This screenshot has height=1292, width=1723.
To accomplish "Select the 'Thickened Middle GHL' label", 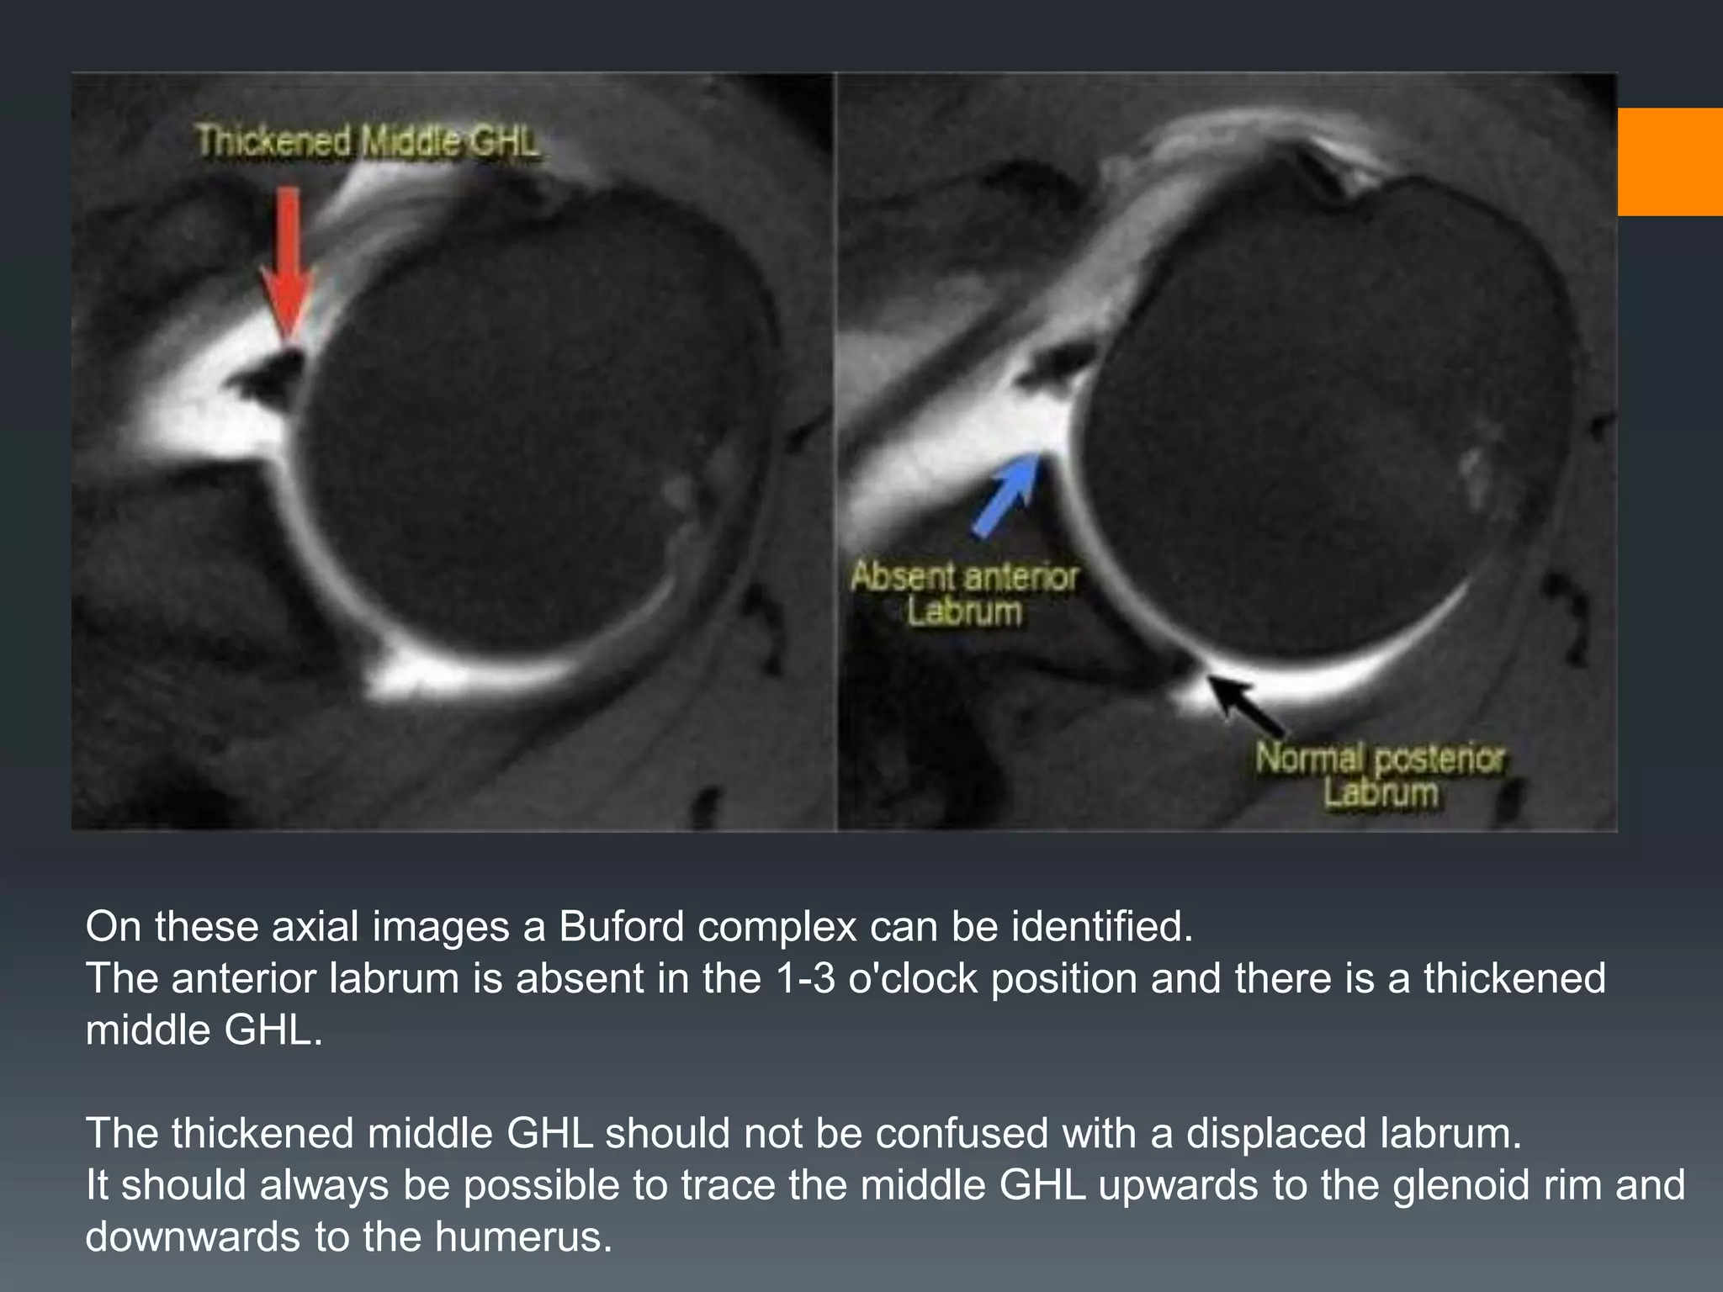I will click(x=367, y=140).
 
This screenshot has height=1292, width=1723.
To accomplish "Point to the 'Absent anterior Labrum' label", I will click(x=964, y=594).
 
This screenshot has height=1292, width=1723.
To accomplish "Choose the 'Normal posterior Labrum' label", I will click(x=1380, y=775).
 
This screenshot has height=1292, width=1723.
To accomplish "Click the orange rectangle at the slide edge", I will click(x=1669, y=161).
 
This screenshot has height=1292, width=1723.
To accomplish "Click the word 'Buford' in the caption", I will click(x=622, y=926).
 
